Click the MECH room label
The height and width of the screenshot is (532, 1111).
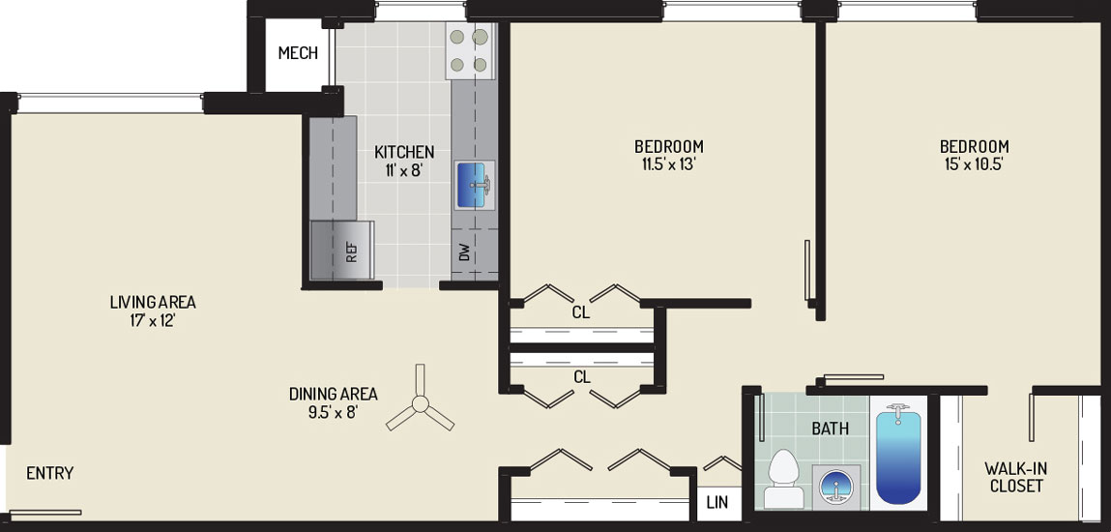point(298,53)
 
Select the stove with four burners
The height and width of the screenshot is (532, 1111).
point(469,50)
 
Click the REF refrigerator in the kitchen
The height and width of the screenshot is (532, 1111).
point(342,251)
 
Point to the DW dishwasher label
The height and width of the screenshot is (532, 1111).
point(465,251)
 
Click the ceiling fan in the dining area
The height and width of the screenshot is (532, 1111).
point(421,403)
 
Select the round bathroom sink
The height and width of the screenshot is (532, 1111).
point(836,487)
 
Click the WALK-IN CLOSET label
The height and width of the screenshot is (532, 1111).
point(1016,478)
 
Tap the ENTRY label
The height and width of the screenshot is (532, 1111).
point(49,473)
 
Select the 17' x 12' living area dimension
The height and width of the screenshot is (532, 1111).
point(153,320)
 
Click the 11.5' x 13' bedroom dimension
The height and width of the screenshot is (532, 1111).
point(669,165)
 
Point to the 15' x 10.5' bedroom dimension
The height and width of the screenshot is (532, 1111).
point(975,165)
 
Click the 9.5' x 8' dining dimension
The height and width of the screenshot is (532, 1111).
point(333,411)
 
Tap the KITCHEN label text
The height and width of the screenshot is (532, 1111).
point(404,152)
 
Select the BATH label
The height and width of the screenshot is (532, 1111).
point(831,429)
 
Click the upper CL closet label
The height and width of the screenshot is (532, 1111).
point(581,312)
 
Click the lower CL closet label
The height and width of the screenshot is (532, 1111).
point(582,377)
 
